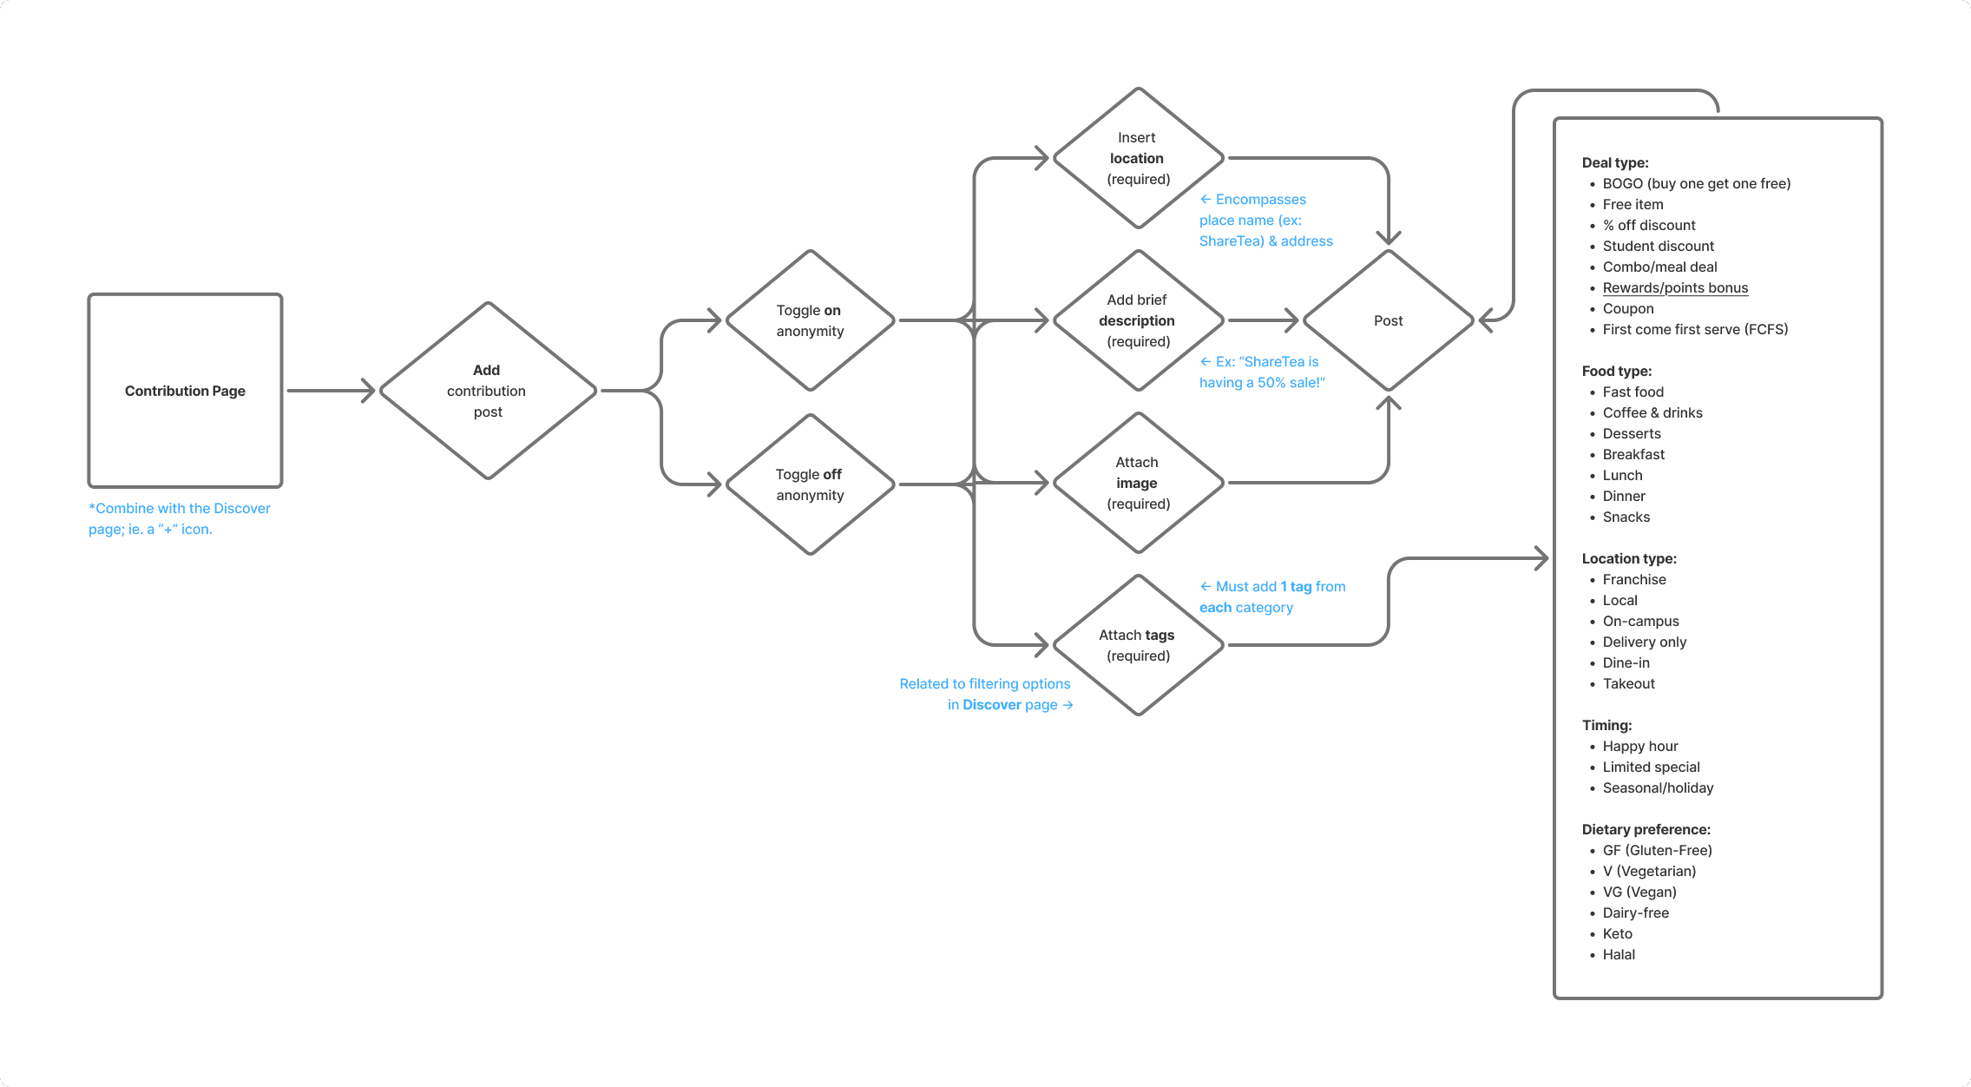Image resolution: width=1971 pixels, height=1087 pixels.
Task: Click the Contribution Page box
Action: point(185,391)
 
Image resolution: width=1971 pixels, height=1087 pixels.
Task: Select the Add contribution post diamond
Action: point(488,391)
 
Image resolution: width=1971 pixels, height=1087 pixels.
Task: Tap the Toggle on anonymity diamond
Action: point(810,320)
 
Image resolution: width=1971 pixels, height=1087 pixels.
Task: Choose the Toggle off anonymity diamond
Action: point(810,484)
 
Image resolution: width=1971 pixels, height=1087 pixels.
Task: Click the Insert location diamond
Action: point(1138,158)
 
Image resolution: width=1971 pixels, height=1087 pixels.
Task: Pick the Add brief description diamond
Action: point(1138,320)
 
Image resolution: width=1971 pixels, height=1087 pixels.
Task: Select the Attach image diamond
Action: point(1138,483)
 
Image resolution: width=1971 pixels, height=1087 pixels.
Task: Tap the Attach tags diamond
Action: point(1138,645)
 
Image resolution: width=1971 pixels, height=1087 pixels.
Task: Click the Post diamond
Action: point(1388,320)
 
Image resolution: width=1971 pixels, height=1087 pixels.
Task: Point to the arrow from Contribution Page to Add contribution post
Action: point(330,391)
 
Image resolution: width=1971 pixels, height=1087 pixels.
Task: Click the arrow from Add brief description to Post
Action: point(1263,320)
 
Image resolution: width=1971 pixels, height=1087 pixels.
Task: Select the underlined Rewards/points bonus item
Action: point(1675,287)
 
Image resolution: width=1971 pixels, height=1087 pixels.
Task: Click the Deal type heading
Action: point(1615,162)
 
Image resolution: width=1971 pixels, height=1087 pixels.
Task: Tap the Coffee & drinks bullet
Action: point(1652,412)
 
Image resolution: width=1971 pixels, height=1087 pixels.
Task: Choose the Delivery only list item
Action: point(1645,642)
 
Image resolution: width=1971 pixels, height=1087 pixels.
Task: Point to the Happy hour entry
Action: point(1640,746)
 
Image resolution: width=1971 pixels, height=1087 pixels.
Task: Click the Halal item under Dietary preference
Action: point(1619,954)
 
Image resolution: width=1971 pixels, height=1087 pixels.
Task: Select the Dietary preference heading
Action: point(1646,829)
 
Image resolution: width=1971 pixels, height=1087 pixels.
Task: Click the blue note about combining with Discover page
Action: point(180,518)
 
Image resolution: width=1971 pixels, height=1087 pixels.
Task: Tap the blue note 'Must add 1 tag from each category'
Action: point(1271,596)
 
